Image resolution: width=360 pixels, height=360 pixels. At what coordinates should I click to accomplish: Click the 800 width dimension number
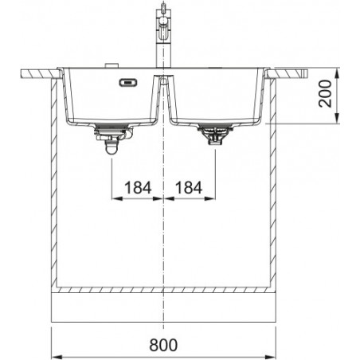(x=163, y=345)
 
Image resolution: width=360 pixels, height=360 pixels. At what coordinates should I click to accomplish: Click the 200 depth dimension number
(x=326, y=94)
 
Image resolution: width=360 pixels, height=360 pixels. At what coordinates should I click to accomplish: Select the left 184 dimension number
(x=138, y=188)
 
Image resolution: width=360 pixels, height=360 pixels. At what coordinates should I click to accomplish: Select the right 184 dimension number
(x=189, y=188)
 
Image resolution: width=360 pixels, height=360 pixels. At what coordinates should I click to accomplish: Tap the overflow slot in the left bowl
(x=128, y=83)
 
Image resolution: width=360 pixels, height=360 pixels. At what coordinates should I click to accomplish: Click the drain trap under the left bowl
(x=114, y=139)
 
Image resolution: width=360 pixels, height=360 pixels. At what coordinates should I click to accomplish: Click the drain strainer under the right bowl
(x=215, y=135)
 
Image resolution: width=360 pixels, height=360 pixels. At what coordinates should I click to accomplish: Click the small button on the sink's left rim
(x=112, y=65)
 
